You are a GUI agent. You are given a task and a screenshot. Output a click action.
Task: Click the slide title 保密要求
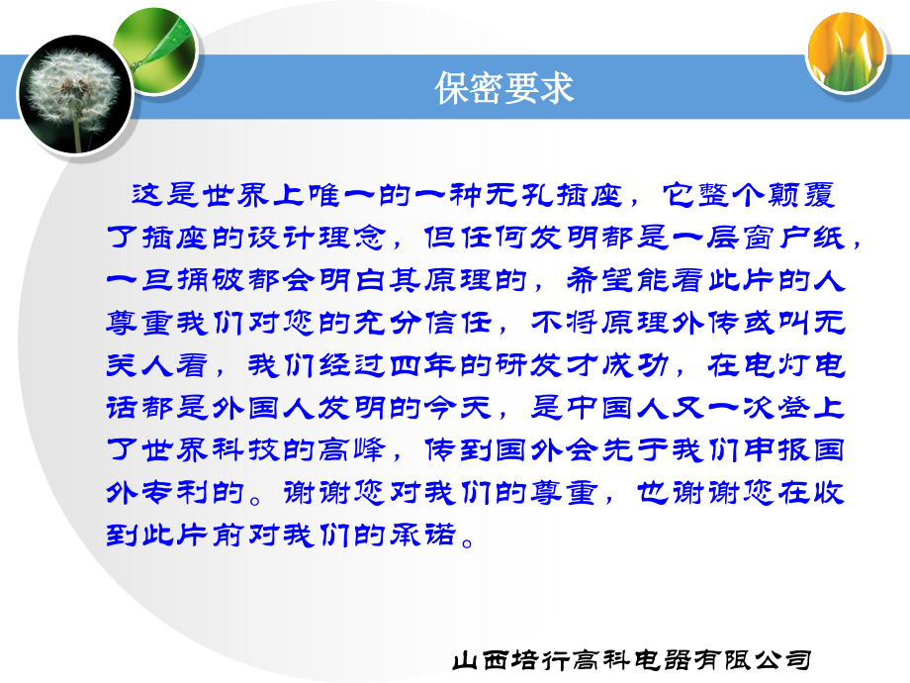504,90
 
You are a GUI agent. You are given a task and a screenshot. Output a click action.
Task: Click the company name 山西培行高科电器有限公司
634,659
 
